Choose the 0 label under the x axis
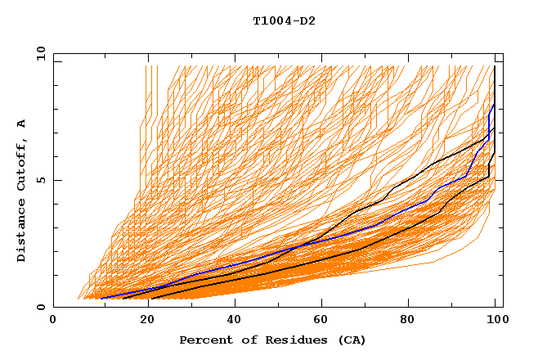click(x=54, y=321)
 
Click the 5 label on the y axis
click(x=40, y=180)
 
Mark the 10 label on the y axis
click(x=40, y=54)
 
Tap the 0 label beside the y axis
click(x=40, y=308)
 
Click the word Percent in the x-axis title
click(x=204, y=340)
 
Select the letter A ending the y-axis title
click(x=21, y=124)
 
